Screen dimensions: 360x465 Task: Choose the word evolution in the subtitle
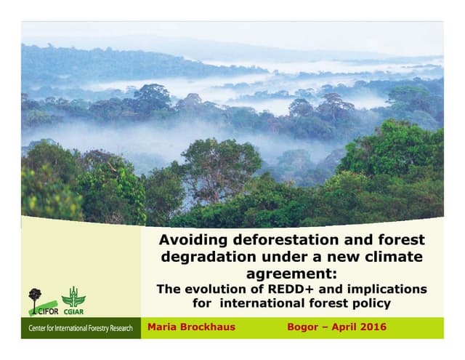tap(234, 289)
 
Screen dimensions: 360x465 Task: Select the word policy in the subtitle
tap(371, 303)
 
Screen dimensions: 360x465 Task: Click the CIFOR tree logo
tap(35, 298)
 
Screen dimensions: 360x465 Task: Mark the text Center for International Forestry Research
tap(81, 329)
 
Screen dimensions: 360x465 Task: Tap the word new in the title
tap(344, 257)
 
